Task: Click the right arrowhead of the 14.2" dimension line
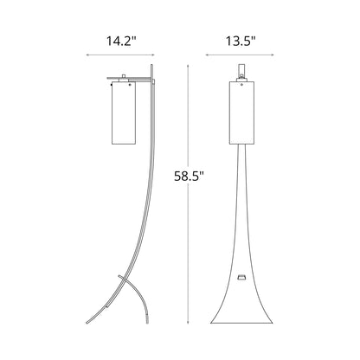tap(155, 57)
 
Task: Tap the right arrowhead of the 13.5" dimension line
tap(278, 57)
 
